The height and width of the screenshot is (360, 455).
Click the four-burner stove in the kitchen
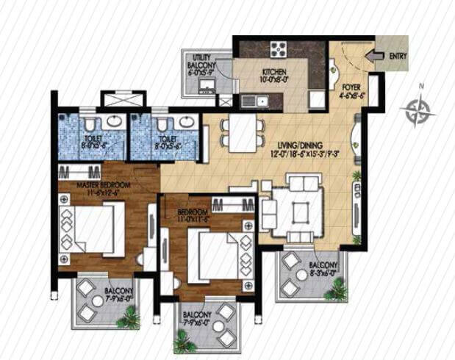280,49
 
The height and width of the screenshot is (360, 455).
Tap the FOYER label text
351,86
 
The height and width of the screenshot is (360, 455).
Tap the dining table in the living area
240,132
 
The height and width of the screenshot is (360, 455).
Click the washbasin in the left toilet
114,120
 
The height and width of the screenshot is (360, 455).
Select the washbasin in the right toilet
162,121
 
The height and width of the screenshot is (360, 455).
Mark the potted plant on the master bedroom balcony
130,316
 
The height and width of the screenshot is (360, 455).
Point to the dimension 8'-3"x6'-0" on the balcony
323,272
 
